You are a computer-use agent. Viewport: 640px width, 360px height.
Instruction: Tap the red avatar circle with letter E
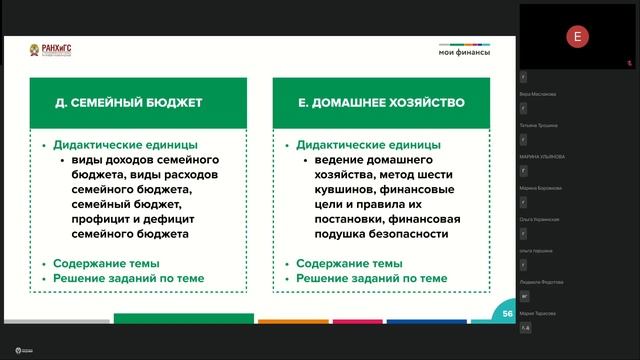click(x=577, y=38)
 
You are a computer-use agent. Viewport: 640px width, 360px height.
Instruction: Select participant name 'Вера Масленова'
click(x=539, y=94)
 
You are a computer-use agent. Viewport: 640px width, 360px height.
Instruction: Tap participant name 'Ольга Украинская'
click(x=540, y=219)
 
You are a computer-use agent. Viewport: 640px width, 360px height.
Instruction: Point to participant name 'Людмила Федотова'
click(x=541, y=282)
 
